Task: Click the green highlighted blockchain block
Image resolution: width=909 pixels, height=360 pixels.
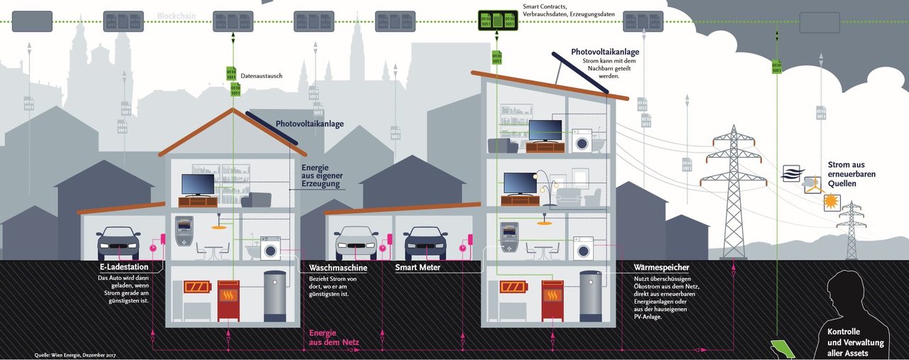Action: (498, 20)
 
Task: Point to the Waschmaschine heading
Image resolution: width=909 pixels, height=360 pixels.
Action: (338, 268)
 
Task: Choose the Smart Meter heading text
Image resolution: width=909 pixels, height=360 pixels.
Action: (418, 268)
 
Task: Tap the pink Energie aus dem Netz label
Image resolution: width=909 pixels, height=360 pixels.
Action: (334, 338)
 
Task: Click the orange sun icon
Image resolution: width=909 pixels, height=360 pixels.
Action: (831, 202)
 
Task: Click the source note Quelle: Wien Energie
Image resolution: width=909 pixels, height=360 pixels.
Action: (75, 354)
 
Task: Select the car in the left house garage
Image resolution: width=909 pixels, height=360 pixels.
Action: (118, 243)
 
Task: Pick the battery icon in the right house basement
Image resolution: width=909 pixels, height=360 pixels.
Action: (513, 288)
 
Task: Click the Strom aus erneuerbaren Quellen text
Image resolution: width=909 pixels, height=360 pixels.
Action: (851, 174)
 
